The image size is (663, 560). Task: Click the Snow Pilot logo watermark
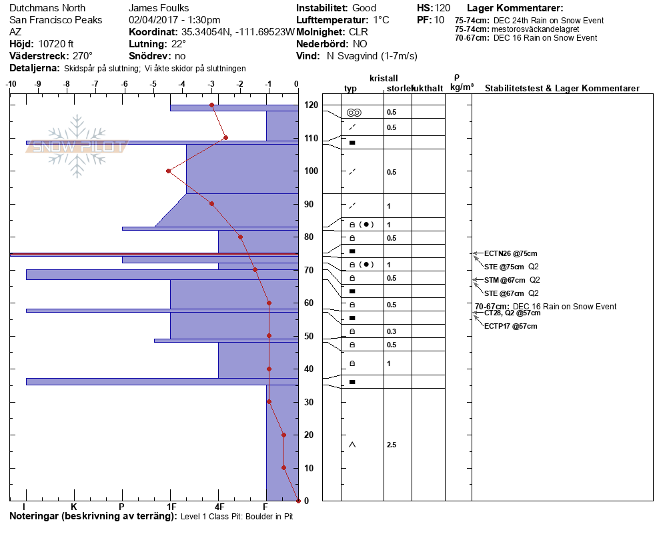click(76, 146)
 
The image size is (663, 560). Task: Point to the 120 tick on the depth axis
click(310, 105)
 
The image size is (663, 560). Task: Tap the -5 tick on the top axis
click(153, 85)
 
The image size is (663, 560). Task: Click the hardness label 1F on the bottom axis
click(171, 506)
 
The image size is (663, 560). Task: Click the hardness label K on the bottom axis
click(74, 506)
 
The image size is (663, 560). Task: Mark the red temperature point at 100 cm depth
click(168, 171)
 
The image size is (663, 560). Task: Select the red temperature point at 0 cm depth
click(297, 500)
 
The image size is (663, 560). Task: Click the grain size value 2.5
click(392, 445)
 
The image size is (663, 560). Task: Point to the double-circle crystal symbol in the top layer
click(354, 112)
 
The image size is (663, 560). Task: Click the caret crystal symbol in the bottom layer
click(352, 445)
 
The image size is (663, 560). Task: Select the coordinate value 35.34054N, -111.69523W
click(238, 32)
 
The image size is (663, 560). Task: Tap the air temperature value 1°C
click(382, 20)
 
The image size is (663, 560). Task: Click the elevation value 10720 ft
click(52, 43)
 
